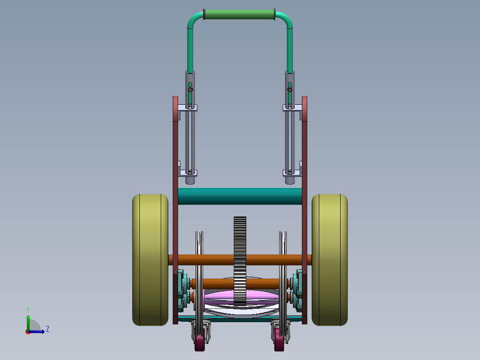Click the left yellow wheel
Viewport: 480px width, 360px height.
click(150, 260)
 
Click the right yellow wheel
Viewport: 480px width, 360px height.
click(329, 260)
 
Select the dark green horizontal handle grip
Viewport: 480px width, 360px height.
click(239, 15)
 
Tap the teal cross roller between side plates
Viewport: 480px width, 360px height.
click(240, 196)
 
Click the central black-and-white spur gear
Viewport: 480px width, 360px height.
click(240, 261)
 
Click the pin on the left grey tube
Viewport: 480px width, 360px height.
click(190, 90)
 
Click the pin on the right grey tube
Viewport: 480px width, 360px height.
click(290, 90)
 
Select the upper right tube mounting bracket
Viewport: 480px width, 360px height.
click(293, 108)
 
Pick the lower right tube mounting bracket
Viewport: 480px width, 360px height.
click(293, 172)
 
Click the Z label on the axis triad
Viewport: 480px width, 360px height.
click(47, 329)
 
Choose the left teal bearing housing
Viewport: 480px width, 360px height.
click(181, 290)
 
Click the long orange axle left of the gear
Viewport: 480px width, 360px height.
click(200, 260)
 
